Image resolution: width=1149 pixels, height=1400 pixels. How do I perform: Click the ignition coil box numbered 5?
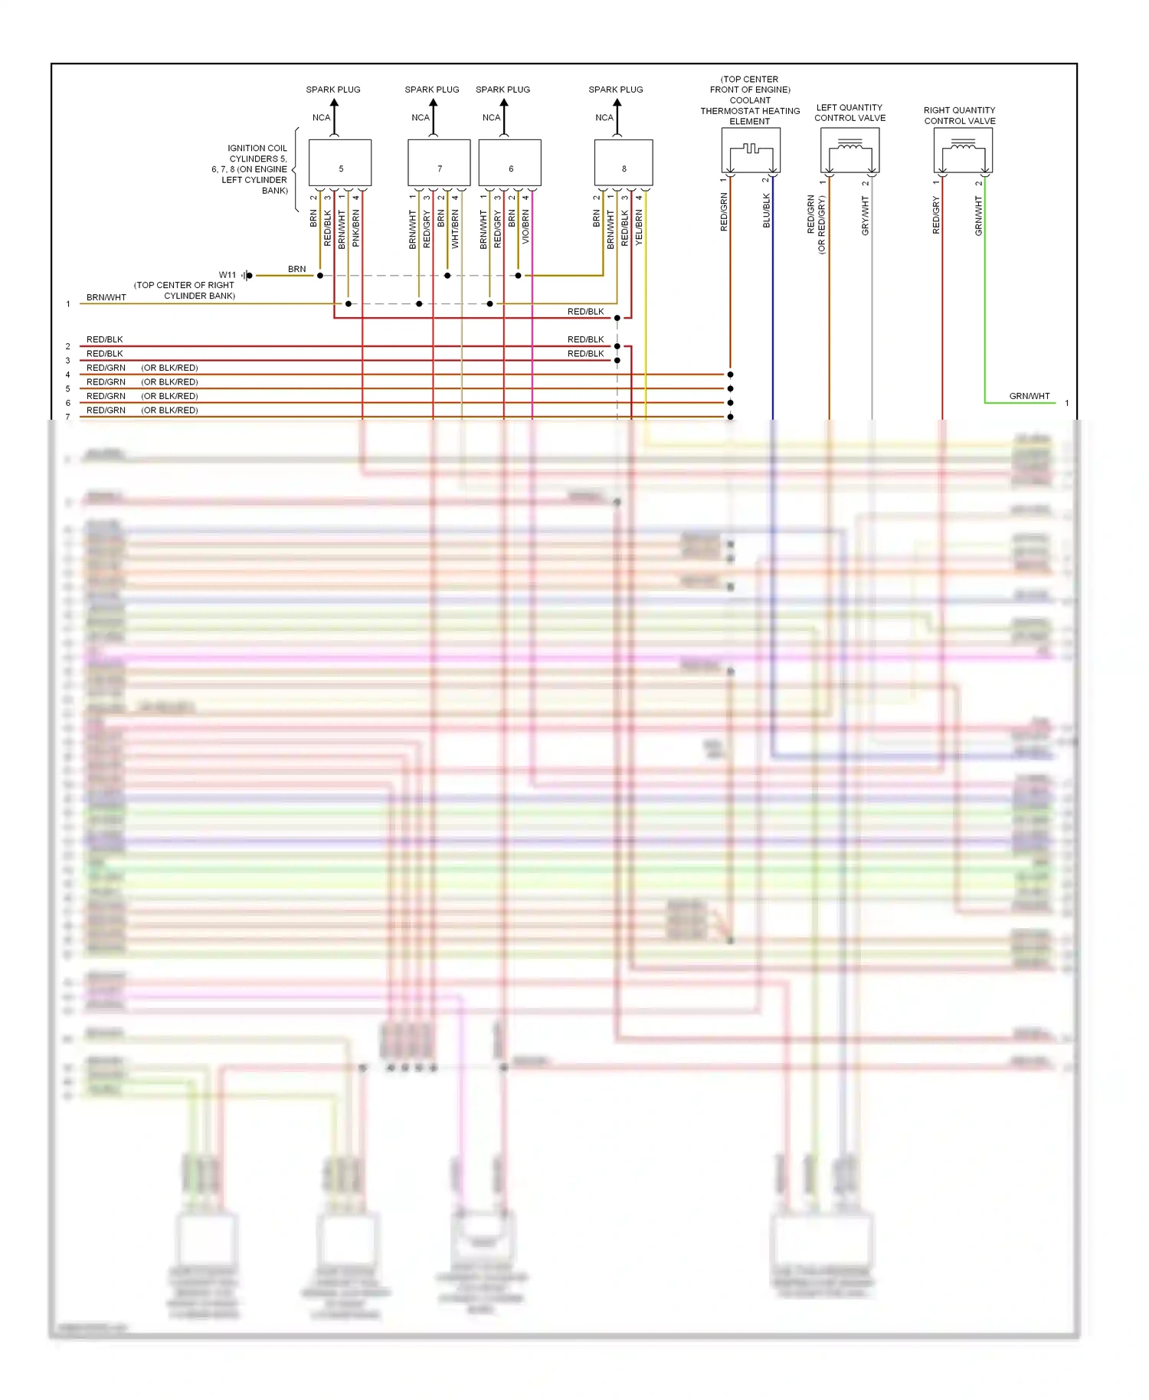[340, 162]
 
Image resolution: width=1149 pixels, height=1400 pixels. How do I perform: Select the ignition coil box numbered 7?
[439, 162]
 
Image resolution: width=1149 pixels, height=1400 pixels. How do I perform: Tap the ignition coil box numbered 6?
[510, 162]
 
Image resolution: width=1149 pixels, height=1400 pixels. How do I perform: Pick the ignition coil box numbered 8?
[624, 162]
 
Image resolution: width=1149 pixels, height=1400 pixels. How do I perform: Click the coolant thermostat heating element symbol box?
[751, 150]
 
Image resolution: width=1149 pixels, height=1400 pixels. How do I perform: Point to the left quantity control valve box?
[849, 150]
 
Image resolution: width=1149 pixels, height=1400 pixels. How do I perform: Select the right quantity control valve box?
[963, 150]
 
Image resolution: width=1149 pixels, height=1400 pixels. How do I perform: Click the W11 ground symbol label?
[228, 275]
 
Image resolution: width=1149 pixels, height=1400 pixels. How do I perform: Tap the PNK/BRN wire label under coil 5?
[356, 228]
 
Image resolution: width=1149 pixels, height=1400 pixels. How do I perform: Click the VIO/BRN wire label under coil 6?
[526, 227]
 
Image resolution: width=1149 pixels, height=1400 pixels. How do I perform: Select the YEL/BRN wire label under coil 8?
[640, 227]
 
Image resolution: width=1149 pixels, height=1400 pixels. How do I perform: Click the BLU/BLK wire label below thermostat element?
[767, 211]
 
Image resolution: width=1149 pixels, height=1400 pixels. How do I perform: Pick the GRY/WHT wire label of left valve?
[866, 216]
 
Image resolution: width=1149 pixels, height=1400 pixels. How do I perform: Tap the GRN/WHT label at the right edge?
[1029, 396]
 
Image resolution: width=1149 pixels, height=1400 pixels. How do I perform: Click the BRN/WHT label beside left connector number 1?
[106, 297]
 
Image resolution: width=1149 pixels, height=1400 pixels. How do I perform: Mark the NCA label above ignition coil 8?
[604, 118]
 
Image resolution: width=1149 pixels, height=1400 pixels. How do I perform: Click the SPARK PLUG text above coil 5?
[332, 90]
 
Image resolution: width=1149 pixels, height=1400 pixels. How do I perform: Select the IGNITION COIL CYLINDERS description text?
[254, 169]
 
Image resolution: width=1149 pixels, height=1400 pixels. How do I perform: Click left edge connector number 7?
[67, 417]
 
